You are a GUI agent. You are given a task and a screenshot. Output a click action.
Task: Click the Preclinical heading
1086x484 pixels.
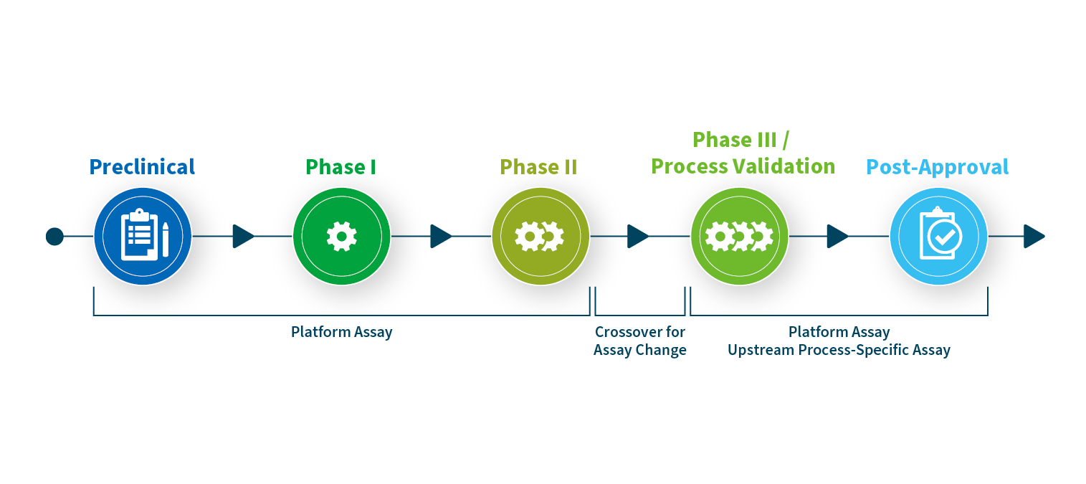tap(142, 167)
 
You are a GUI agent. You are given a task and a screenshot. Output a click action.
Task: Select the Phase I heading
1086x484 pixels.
tap(341, 167)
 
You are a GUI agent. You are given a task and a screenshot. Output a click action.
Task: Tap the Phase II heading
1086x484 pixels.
tap(538, 167)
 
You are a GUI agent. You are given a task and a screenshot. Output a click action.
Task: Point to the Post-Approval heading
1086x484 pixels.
tap(938, 167)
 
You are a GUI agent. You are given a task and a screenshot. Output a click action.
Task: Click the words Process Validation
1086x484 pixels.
tap(743, 166)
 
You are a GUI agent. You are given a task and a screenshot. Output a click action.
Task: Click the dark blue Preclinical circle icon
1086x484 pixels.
tap(143, 236)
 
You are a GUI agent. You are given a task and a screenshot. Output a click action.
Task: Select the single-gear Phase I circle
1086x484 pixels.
tap(341, 236)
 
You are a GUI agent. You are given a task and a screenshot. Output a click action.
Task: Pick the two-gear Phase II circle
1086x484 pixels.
tap(540, 236)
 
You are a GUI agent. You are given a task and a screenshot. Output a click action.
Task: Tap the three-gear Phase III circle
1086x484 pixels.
tap(739, 236)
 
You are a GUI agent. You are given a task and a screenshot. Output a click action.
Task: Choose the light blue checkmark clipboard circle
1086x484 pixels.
tap(938, 236)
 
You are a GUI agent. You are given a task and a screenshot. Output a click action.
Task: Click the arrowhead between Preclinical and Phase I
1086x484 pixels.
tap(243, 236)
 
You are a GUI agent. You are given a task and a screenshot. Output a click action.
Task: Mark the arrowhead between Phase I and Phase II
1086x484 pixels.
tap(441, 236)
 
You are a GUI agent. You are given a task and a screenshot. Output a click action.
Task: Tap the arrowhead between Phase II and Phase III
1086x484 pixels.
tap(638, 236)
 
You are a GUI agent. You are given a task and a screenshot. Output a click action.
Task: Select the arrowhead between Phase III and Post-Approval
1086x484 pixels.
tap(837, 236)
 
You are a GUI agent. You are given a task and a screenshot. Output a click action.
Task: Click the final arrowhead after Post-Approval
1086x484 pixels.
tap(1034, 236)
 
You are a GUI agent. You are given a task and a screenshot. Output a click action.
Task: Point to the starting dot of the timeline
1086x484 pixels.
tap(54, 236)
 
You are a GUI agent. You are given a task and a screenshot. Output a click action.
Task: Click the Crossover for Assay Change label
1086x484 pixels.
tap(640, 341)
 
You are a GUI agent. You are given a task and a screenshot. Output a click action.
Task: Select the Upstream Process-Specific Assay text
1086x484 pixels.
tap(839, 351)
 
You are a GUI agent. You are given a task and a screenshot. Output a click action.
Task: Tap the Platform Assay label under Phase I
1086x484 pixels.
tap(341, 332)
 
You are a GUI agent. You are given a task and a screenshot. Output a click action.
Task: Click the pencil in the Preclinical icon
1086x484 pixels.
tap(166, 239)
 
